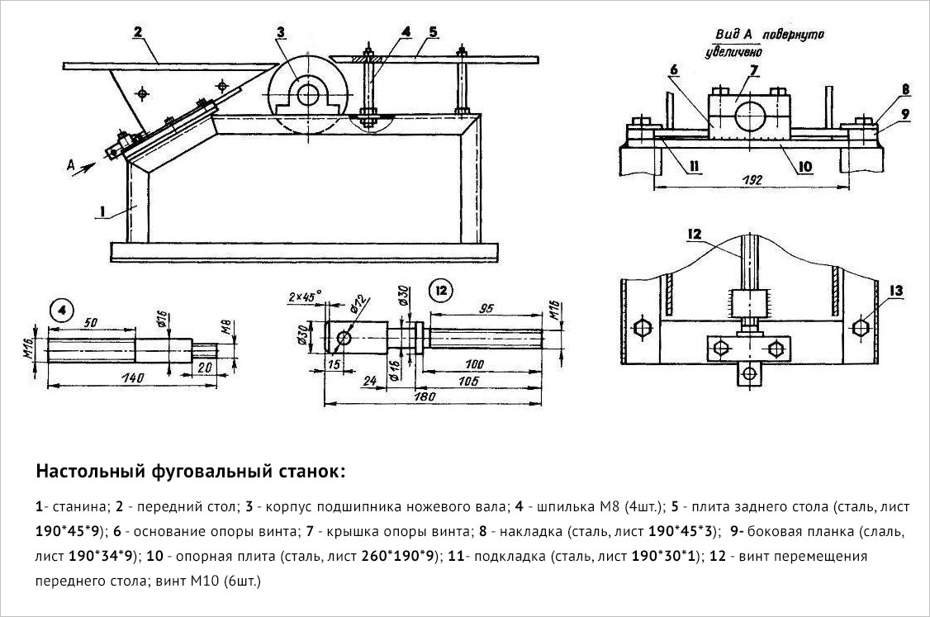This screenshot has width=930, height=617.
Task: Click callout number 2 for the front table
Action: pos(138,31)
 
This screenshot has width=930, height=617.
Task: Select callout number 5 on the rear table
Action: pos(433,31)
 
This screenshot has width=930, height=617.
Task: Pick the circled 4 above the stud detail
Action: pos(62,311)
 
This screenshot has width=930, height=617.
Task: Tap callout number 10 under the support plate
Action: pos(804,166)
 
